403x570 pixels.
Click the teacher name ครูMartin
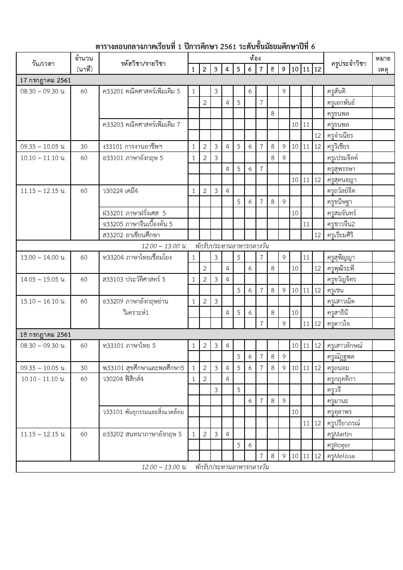pos(339,434)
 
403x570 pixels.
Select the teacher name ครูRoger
pos(338,445)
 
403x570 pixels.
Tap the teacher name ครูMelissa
pos(340,456)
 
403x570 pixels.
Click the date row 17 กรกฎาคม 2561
pos(45,80)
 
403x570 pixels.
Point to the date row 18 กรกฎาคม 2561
pos(45,335)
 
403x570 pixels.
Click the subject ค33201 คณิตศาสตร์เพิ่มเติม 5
pos(141,91)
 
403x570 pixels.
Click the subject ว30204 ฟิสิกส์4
pos(123,379)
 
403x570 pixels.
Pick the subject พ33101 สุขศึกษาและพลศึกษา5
pos(143,368)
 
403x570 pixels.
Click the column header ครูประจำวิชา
pos(349,63)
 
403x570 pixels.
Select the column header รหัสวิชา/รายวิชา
pos(143,63)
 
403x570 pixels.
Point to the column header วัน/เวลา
pos(43,63)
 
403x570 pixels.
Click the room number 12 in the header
pos(318,69)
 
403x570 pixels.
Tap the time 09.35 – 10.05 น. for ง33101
pos(43,147)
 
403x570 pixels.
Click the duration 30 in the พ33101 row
pos(84,368)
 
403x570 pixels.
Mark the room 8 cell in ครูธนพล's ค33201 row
pos(273,114)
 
